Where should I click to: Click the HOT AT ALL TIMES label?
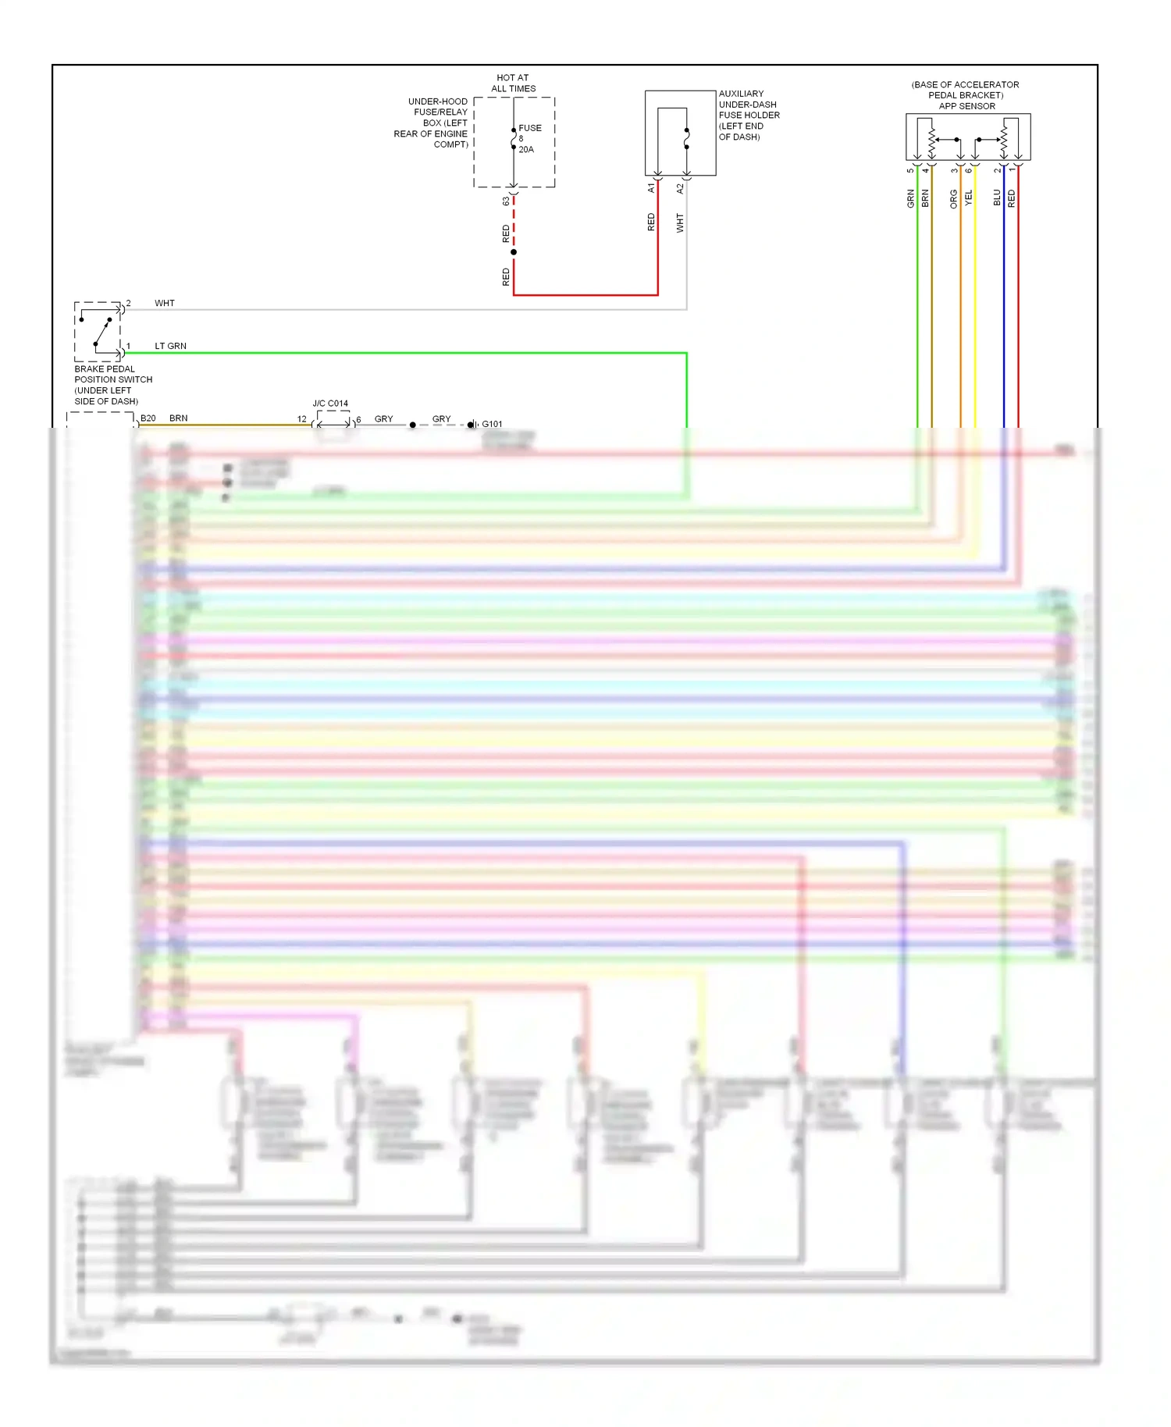click(x=513, y=83)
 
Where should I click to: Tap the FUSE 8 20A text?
click(x=529, y=138)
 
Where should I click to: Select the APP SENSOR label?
click(x=966, y=106)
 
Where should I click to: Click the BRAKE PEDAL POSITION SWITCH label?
click(x=112, y=385)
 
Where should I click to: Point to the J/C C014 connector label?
click(x=330, y=404)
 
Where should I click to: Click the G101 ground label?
click(x=492, y=424)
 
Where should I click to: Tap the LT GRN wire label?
click(x=170, y=346)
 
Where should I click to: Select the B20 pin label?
click(x=148, y=418)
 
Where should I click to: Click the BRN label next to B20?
click(x=178, y=418)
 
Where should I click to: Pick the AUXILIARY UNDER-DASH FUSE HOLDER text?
click(x=748, y=115)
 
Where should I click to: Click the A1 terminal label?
click(x=651, y=188)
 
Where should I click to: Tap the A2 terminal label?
click(x=680, y=188)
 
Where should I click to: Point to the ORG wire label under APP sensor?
click(x=953, y=198)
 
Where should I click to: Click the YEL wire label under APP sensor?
click(x=968, y=198)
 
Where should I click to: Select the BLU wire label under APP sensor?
click(x=997, y=198)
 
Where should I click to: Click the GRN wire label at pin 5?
click(x=910, y=198)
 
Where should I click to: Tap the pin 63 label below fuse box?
click(x=506, y=201)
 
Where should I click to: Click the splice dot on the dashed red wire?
click(x=514, y=252)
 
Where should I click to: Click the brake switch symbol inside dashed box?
click(x=98, y=331)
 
